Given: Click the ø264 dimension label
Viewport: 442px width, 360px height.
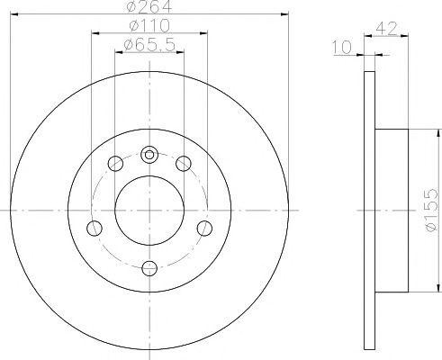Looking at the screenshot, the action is [x=149, y=6].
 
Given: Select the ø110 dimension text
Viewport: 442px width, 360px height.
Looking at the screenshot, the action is [x=149, y=25].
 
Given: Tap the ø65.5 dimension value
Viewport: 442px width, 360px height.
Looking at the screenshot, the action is [x=149, y=45].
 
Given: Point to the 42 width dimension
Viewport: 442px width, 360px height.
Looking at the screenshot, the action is [x=386, y=29].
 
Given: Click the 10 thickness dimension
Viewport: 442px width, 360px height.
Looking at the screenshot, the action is [x=341, y=48].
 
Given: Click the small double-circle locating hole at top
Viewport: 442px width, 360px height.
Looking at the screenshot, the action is [x=149, y=155].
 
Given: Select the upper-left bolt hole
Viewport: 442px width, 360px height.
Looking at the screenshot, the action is [x=115, y=164].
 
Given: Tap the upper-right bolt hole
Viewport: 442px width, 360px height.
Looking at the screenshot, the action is [x=184, y=164].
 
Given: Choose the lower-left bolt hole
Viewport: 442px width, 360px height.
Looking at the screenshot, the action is [x=95, y=228].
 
